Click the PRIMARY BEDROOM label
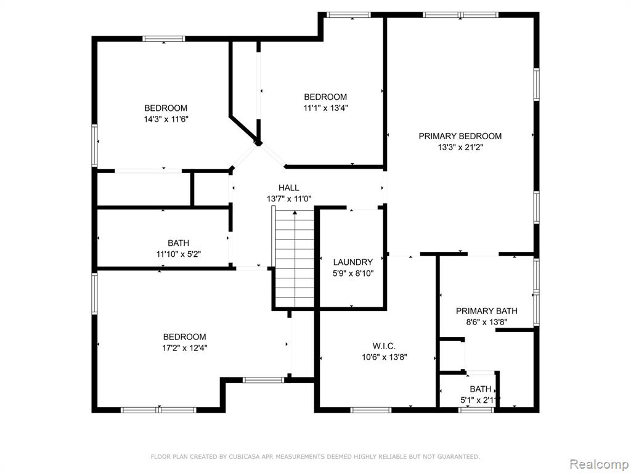tap(460, 136)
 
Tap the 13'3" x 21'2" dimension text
tap(460, 148)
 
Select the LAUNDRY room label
tap(353, 262)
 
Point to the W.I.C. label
tap(384, 346)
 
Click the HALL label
tap(289, 188)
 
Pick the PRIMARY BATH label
tap(487, 311)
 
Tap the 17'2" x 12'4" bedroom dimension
tap(185, 349)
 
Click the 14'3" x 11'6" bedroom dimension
tap(166, 119)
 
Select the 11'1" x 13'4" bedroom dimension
tap(325, 108)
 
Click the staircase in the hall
tap(294, 258)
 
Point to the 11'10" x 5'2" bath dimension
tap(179, 254)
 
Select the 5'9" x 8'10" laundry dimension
tap(353, 274)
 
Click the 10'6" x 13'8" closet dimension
tap(385, 357)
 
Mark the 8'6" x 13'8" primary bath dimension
tap(487, 322)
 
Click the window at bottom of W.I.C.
tap(370, 410)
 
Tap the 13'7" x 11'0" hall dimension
tap(289, 199)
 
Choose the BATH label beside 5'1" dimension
tap(481, 389)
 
